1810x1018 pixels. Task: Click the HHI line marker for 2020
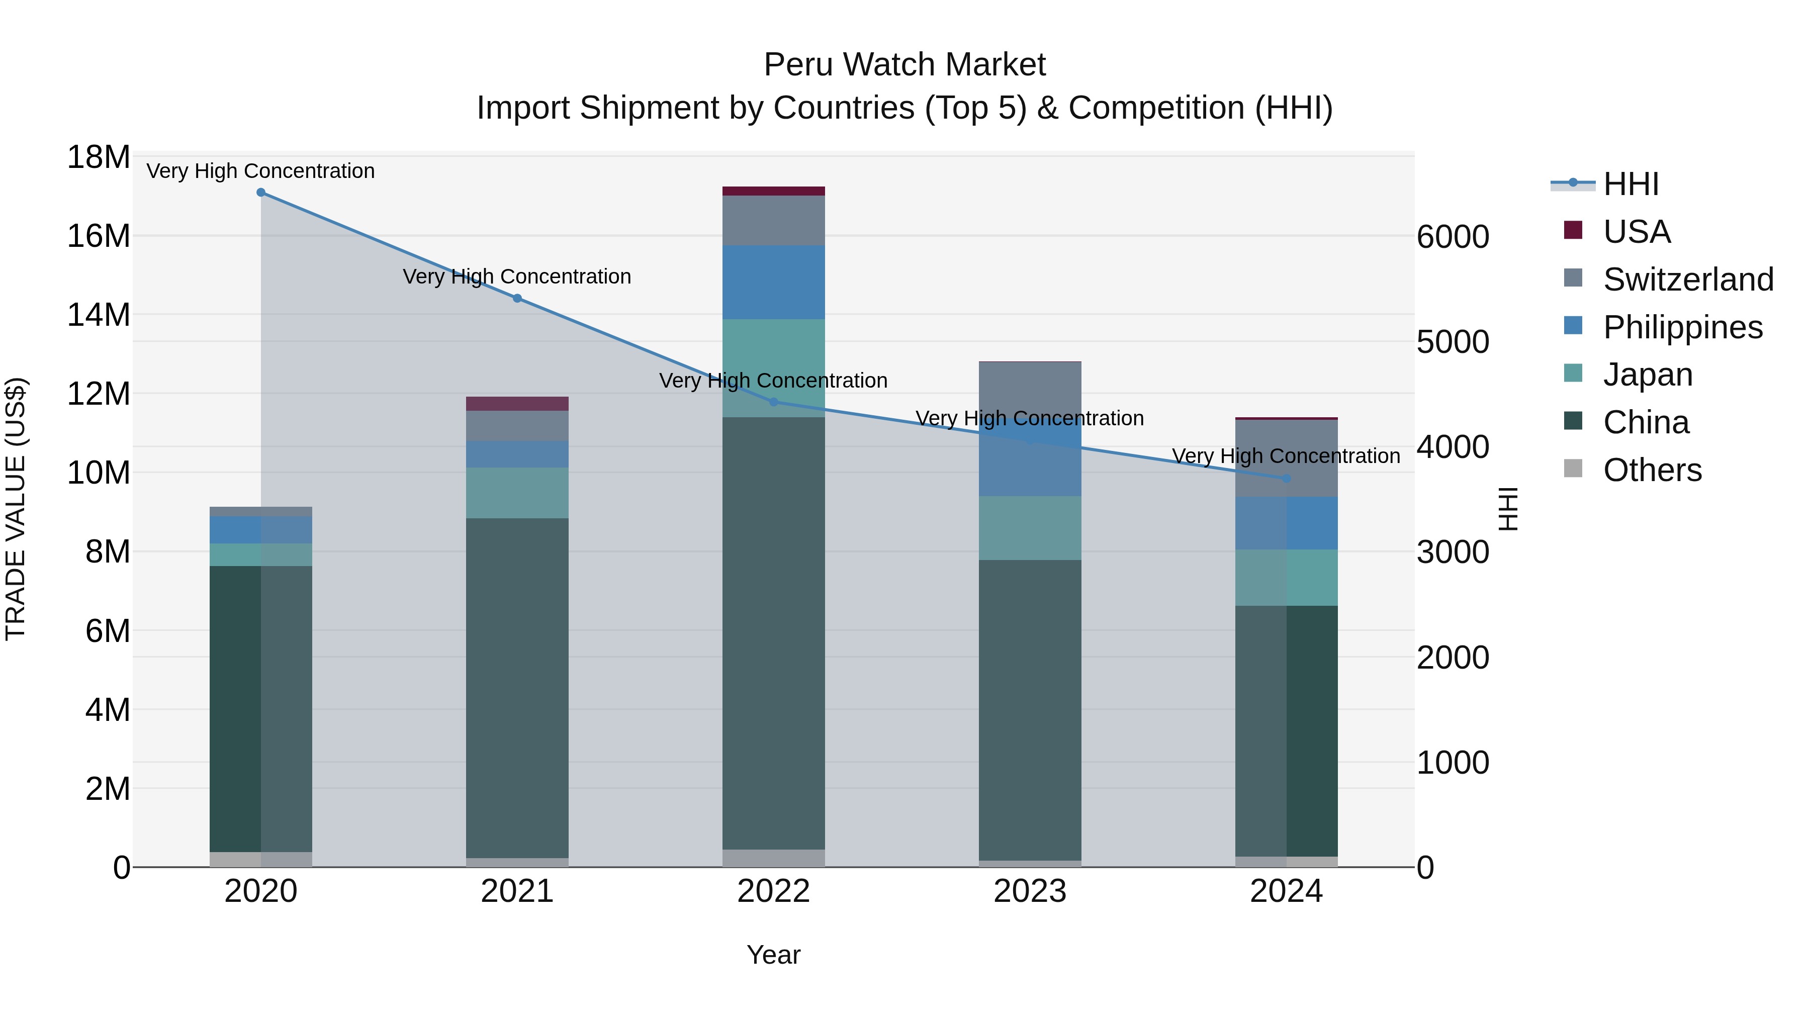(x=260, y=193)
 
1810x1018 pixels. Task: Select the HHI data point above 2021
(x=517, y=299)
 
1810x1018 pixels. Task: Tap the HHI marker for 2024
(x=1287, y=479)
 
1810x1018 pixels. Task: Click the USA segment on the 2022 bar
(x=774, y=191)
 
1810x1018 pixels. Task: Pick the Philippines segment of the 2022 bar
(x=774, y=283)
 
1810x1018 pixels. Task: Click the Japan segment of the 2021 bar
(x=517, y=493)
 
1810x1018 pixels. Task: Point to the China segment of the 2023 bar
(x=1030, y=709)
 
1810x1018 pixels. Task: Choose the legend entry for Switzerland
(x=1688, y=280)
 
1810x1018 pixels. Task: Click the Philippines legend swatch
(x=1573, y=326)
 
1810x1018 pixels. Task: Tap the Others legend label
(x=1652, y=470)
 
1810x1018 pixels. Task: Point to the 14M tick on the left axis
(x=99, y=315)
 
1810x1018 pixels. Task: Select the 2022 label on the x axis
(x=774, y=891)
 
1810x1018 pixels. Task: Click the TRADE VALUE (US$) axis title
(x=16, y=509)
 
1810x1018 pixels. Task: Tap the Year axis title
(x=774, y=955)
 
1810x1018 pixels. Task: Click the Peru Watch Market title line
(x=904, y=65)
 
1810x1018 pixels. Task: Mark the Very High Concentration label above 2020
(x=260, y=171)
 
